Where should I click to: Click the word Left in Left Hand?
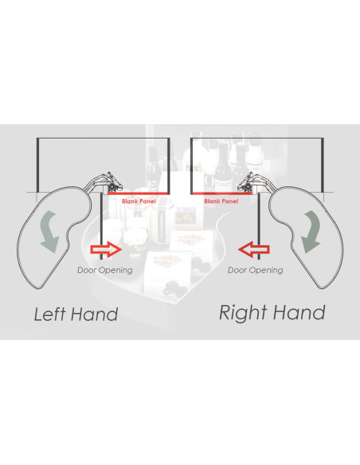[49, 314]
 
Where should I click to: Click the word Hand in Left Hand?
[94, 314]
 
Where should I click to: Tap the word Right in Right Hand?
[243, 314]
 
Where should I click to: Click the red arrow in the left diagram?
[106, 249]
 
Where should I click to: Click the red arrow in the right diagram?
[254, 249]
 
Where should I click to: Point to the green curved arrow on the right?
[311, 232]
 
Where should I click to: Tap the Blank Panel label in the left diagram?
[139, 201]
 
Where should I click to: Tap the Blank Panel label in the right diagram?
[221, 201]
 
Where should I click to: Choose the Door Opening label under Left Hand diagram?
[105, 270]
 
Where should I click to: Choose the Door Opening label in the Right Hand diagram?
[256, 270]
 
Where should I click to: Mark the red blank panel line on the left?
[139, 193]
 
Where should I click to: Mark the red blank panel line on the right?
[221, 193]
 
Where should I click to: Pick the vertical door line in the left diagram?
[101, 226]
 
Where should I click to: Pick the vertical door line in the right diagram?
[259, 226]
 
